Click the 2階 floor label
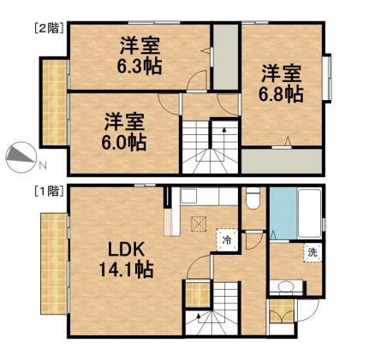[x=45, y=27]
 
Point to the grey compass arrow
[x=20, y=156]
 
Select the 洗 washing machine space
[x=313, y=254]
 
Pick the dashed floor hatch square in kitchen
[x=200, y=224]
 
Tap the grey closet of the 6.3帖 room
[x=225, y=57]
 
